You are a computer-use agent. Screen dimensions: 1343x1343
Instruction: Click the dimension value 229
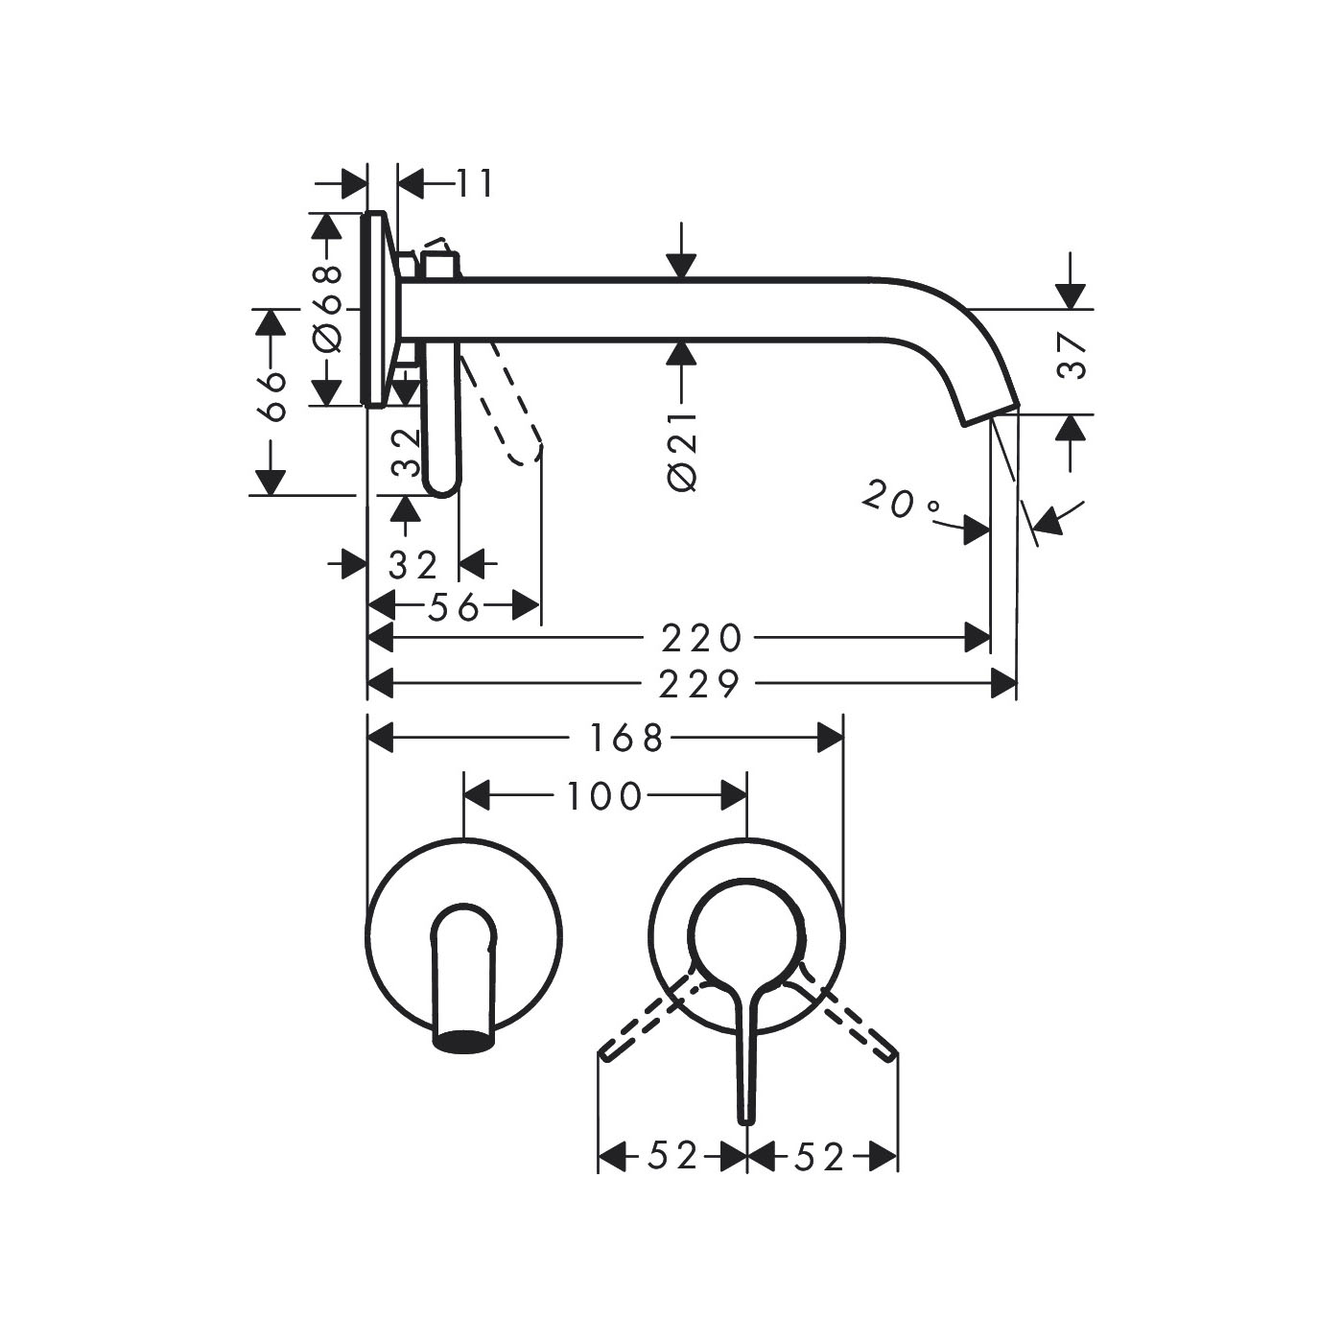699,684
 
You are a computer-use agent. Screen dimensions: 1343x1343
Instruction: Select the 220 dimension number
701,638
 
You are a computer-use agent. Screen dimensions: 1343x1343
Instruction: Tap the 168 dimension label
626,739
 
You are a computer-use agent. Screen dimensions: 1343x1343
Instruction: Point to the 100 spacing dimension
605,796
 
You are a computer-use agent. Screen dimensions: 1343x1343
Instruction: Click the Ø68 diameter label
328,309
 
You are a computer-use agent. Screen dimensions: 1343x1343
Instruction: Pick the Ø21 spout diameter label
682,453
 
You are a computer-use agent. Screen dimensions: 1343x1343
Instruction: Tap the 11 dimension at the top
476,184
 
